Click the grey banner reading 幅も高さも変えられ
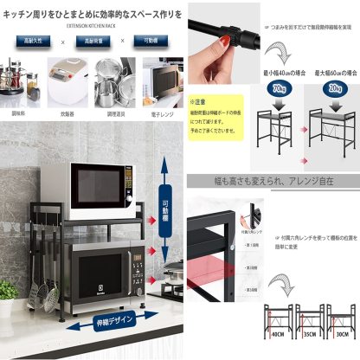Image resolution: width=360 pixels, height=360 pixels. (273, 183)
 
